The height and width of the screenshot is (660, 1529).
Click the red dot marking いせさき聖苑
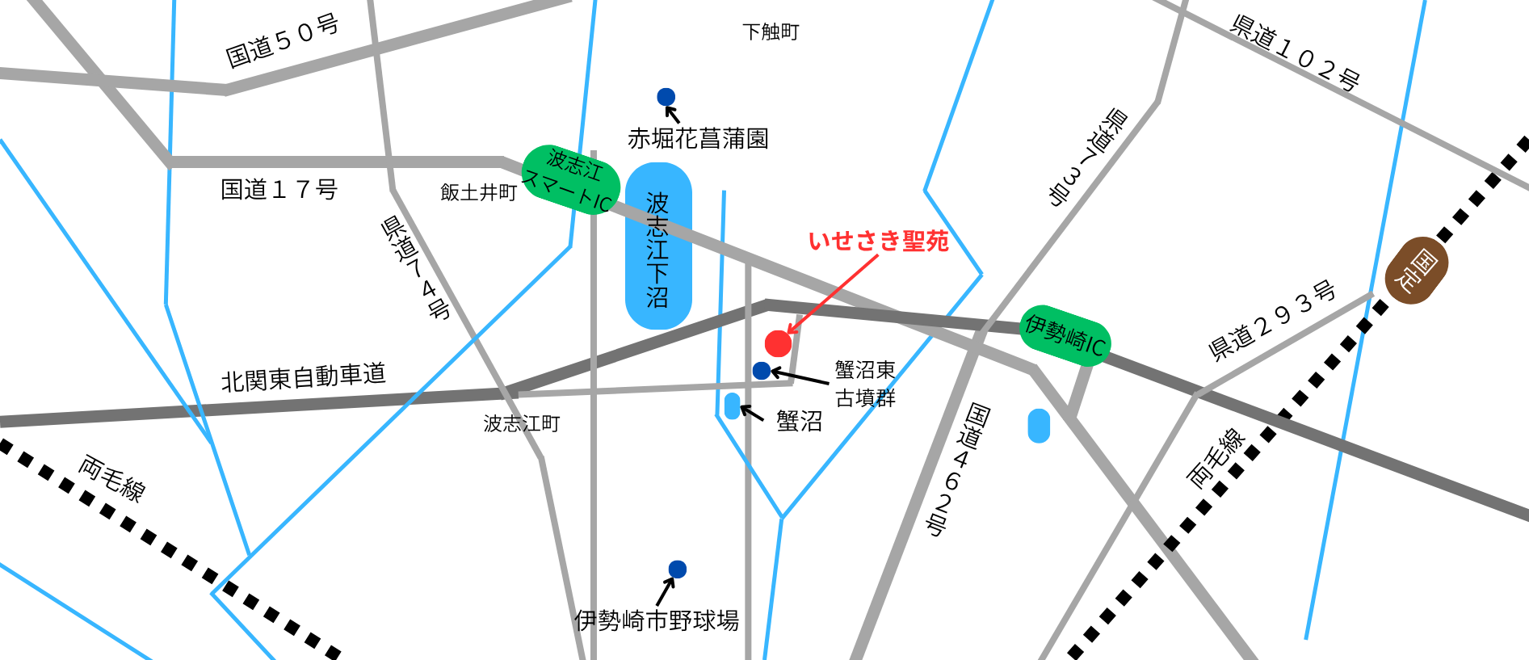tap(778, 343)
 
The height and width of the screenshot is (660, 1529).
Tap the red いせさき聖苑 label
tap(879, 241)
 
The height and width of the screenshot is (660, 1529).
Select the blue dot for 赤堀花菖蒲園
tap(666, 97)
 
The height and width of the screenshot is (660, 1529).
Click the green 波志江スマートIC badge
tap(571, 180)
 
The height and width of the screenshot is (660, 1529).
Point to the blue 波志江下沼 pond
tap(658, 246)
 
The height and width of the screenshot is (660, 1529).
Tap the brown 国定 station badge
tap(1416, 271)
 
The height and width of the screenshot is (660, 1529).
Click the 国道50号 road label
tap(282, 40)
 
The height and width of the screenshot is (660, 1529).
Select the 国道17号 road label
tap(279, 190)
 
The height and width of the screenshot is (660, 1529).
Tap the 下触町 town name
tap(771, 32)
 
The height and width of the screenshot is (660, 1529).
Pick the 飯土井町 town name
tap(478, 192)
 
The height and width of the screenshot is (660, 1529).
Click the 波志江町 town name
tap(521, 423)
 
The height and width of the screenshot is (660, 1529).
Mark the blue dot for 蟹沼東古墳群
tap(761, 371)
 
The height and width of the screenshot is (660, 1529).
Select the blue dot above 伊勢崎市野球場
tap(678, 570)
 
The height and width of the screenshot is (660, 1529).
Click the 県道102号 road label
tap(1295, 53)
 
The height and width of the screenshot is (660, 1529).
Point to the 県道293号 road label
tap(1271, 320)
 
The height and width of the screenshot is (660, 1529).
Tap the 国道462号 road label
tap(957, 469)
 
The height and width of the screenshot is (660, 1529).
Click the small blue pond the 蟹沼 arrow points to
tap(733, 406)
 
